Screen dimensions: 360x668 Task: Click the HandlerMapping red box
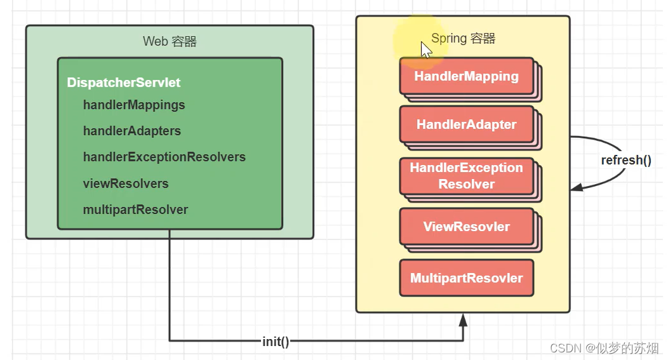pos(466,77)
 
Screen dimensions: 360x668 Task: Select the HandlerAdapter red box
pos(466,125)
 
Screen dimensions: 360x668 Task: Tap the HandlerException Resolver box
pos(466,176)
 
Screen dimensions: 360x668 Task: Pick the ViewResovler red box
pos(466,227)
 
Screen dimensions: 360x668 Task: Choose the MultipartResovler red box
pos(466,278)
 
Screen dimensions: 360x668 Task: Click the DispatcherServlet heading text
pos(124,83)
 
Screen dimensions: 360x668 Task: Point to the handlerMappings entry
pos(134,105)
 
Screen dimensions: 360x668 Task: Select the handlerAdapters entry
pos(131,131)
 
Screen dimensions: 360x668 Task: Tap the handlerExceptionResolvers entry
pos(164,157)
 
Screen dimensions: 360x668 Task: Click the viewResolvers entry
pos(126,183)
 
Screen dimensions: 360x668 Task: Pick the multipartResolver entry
pos(135,210)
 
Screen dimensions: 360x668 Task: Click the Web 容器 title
pos(170,42)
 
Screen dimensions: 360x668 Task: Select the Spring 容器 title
pos(463,38)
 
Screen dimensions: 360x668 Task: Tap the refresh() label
pos(626,160)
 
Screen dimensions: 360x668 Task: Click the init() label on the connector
pos(276,342)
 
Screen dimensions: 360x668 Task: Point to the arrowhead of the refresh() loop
pos(575,187)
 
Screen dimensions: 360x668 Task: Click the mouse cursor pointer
pos(425,50)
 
